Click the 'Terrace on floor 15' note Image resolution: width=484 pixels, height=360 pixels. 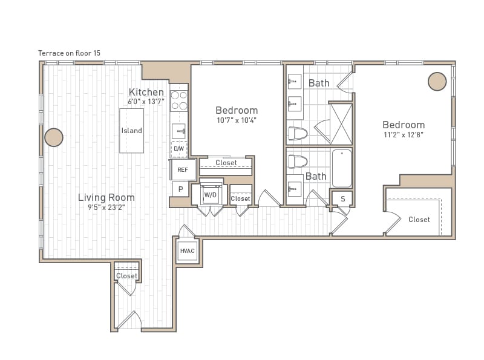69,53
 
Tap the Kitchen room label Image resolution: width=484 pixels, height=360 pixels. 146,92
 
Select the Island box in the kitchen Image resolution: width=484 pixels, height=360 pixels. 131,131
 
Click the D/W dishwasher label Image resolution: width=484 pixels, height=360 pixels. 178,148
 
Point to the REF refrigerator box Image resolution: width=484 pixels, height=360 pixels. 182,170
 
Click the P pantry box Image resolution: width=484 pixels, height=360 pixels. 180,189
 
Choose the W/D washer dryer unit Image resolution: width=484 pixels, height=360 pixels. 210,195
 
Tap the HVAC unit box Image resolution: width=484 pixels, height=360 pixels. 187,250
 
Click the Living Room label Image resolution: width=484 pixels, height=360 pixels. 106,197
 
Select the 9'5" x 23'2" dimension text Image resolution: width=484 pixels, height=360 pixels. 106,208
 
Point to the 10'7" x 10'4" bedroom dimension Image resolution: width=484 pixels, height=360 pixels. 237,120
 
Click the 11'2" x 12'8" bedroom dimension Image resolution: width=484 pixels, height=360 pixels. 403,135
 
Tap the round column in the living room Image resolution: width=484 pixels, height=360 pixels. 54,137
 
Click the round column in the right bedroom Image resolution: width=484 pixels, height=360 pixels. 437,81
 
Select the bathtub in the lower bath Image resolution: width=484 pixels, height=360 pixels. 342,168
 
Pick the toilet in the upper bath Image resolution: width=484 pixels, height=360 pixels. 298,133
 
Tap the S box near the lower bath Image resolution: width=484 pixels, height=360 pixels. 342,198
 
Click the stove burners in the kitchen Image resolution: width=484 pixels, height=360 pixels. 179,100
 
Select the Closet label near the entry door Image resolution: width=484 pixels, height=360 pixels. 126,276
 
